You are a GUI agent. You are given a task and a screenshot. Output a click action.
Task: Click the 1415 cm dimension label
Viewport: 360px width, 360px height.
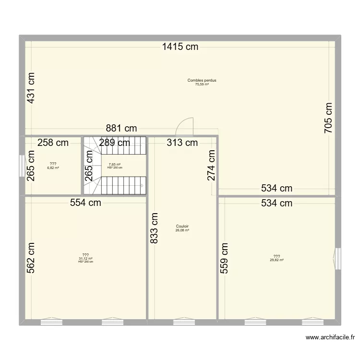pos(180,47)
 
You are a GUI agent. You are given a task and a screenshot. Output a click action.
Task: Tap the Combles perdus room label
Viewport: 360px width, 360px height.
pos(202,81)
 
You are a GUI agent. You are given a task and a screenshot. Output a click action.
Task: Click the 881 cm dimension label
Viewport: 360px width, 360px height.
pos(122,128)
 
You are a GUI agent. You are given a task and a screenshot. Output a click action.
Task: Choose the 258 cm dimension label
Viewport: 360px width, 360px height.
pos(53,142)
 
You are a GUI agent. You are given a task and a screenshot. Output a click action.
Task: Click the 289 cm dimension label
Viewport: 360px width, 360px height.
pos(115,142)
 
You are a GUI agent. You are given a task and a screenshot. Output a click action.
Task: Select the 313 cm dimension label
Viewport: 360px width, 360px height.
pos(182,142)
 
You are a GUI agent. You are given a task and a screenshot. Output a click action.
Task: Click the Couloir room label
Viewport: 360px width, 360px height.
pos(182,227)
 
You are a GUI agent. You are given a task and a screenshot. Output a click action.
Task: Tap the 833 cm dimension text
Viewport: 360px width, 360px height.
pos(155,228)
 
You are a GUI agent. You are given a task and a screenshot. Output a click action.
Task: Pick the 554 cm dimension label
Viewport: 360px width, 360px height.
pos(85,203)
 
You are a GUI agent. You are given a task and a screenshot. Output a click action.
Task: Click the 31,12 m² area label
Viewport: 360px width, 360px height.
pos(85,258)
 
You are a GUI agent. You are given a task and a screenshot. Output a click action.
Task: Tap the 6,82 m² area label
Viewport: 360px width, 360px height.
pos(53,168)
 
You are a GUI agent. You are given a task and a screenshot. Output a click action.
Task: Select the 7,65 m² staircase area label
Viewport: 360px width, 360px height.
pos(114,164)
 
